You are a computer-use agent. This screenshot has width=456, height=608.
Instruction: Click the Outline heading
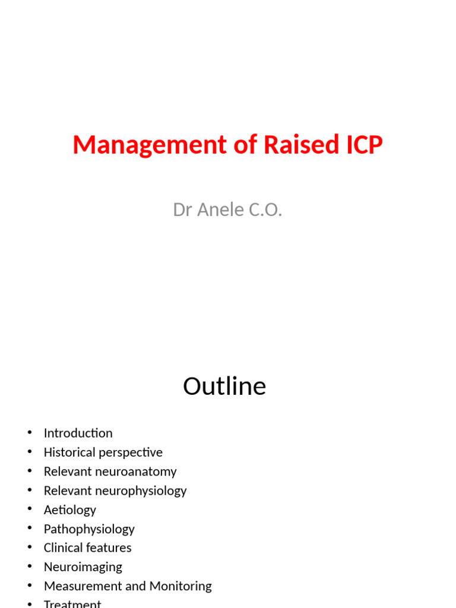coord(224,387)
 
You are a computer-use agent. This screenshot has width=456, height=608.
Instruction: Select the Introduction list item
coord(78,433)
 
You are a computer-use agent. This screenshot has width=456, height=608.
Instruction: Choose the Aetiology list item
coord(69,510)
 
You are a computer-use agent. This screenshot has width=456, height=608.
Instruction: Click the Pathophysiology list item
coord(89,529)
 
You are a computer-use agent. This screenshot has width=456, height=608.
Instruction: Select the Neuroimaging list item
coord(83,567)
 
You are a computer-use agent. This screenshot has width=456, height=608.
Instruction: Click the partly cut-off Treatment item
coord(72,604)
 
